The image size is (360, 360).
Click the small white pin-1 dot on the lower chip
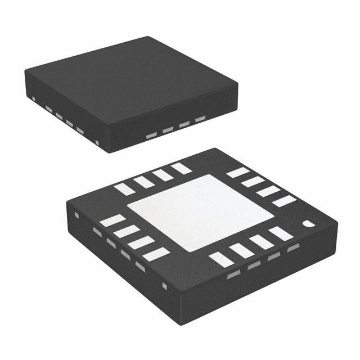tap(308, 224)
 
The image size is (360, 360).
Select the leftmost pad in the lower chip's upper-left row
tap(124, 189)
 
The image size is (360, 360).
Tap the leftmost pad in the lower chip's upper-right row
tap(237, 173)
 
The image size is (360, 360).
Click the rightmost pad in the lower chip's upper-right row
tap(284, 201)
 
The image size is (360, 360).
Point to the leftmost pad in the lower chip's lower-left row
tap(112, 220)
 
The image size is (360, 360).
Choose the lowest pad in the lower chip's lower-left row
tap(156, 254)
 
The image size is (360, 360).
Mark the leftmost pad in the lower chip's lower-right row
tap(221, 259)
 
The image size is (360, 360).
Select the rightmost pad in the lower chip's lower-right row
tap(281, 233)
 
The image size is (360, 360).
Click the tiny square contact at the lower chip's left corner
tap(78, 215)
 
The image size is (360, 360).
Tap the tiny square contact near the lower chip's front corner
tap(164, 286)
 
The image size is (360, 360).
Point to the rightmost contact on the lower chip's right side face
tap(293, 248)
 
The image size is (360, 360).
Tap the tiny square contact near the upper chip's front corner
tap(98, 141)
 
